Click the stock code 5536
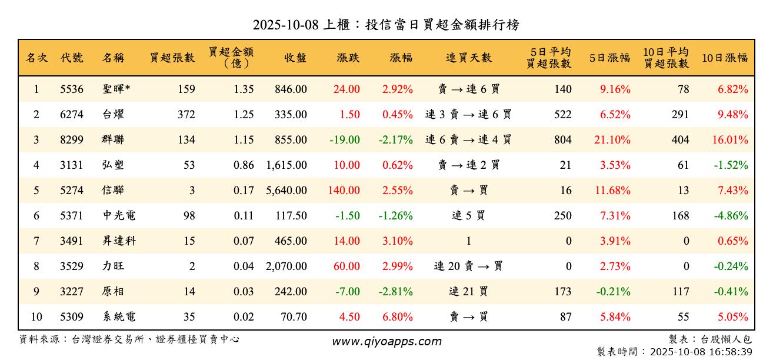point(72,89)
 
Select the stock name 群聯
point(112,140)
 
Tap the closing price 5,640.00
point(286,191)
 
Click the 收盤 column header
point(295,58)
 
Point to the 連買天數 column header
point(468,58)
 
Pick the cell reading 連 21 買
point(468,292)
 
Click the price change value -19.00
point(345,140)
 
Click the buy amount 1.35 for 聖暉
point(244,89)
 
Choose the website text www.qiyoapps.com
point(386,342)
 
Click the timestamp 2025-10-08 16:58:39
point(700,352)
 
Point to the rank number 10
point(36,317)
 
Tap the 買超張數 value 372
point(186,115)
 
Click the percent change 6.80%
point(397,317)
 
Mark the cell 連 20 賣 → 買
point(468,266)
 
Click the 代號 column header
point(72,58)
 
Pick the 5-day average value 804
point(562,140)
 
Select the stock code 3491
point(72,241)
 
